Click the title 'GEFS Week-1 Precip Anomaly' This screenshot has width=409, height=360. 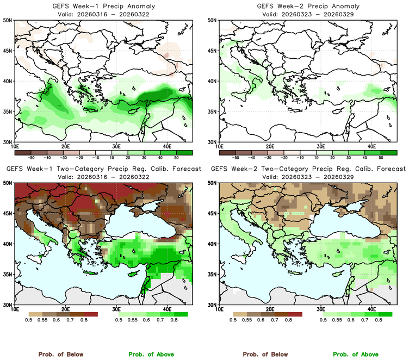click(x=102, y=6)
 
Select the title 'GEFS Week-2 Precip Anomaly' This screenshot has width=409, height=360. click(x=307, y=6)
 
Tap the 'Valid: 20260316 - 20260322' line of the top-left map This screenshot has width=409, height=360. click(x=102, y=14)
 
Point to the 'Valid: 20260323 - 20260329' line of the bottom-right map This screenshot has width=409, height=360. click(x=307, y=177)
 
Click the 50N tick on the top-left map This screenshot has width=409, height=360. click(x=8, y=20)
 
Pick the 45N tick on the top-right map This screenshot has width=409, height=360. click(x=213, y=51)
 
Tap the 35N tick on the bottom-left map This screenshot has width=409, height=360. click(x=8, y=275)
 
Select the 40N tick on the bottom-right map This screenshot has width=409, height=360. click(x=213, y=244)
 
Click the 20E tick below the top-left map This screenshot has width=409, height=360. click(x=65, y=146)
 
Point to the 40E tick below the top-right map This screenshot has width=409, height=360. click(x=371, y=146)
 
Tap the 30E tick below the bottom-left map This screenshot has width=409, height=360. click(x=116, y=309)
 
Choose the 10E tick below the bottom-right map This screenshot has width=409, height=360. click(x=219, y=309)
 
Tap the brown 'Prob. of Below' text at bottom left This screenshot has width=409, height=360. click(x=60, y=355)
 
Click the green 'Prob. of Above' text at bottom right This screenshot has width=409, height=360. click(x=362, y=355)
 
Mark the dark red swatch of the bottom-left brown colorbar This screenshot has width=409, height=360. click(x=90, y=314)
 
